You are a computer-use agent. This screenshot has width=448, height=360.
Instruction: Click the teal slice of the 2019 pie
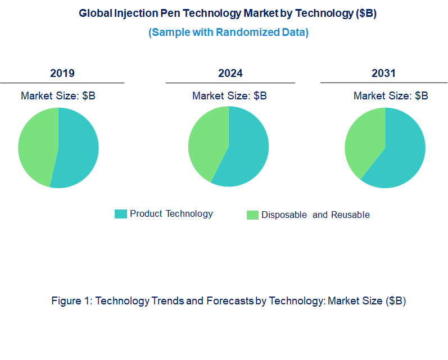point(79,149)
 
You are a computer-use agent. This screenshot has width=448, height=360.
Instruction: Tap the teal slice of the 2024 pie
point(247,152)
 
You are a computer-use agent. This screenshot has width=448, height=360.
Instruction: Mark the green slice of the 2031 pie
point(363,140)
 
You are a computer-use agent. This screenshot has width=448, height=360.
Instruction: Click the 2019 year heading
point(62,73)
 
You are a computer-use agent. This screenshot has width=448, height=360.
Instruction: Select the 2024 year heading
point(230,73)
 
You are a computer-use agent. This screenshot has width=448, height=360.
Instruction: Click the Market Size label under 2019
point(58,95)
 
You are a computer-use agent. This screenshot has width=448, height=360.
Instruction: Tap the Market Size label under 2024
point(229,95)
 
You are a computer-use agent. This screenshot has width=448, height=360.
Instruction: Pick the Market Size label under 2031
point(391,95)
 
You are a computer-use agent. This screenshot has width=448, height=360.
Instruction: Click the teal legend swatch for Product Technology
point(121,214)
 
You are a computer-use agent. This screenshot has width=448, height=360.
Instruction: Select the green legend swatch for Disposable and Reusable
point(252,215)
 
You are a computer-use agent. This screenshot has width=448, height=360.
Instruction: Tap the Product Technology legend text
point(171,213)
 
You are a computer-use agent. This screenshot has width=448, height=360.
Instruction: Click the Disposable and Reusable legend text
point(315,215)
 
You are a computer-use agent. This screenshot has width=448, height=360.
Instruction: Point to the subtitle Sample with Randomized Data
point(228,32)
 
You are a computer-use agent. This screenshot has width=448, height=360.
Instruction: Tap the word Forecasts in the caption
point(229,300)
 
